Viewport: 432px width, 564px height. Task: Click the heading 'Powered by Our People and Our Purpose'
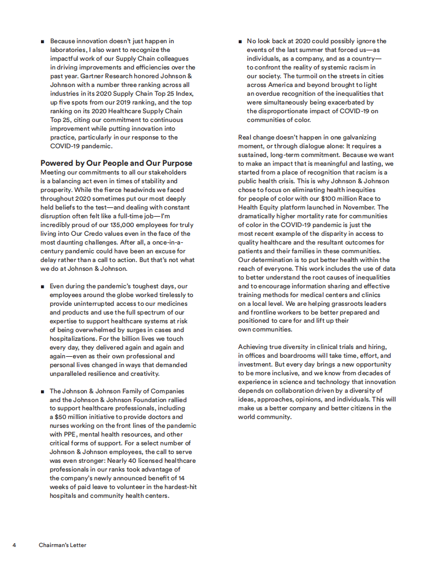116,163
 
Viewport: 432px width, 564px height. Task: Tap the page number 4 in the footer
15,545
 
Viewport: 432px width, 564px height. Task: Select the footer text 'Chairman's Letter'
62,545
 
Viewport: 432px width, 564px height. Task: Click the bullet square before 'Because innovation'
43,42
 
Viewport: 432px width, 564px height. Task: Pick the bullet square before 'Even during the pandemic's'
43,286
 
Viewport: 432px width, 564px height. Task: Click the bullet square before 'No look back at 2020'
240,42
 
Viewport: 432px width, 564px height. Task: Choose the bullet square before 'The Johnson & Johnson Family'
43,391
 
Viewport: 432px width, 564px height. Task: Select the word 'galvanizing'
359,137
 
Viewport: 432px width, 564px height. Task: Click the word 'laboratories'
69,50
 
